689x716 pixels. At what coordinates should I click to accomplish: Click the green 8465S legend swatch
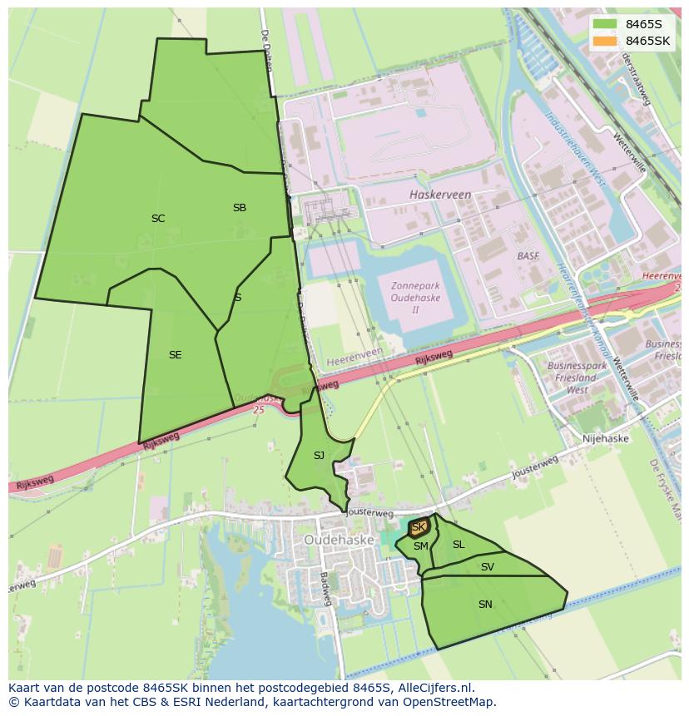(x=605, y=24)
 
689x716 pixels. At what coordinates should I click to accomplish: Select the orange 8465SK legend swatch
(x=605, y=41)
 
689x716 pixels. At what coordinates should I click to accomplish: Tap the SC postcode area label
(x=158, y=219)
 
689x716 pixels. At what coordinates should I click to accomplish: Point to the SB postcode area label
(x=240, y=208)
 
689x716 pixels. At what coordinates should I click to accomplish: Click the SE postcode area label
(x=175, y=355)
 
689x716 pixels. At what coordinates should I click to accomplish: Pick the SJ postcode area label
(x=319, y=456)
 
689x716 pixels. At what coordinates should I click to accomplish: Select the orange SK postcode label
(x=419, y=527)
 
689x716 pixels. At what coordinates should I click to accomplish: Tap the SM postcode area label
(x=421, y=546)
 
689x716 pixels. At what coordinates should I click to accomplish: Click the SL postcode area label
(x=459, y=545)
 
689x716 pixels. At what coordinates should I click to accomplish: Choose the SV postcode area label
(x=488, y=567)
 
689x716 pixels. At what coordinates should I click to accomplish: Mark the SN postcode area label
(x=485, y=605)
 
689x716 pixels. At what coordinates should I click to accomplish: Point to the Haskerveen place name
(x=440, y=195)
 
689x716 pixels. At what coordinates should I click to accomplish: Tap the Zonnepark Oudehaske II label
(x=415, y=298)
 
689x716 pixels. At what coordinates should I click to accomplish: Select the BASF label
(x=528, y=256)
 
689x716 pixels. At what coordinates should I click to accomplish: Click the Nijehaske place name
(x=606, y=438)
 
